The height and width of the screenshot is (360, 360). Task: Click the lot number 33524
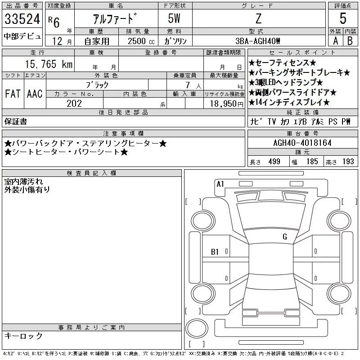click(x=22, y=19)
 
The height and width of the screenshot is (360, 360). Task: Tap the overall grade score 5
click(x=343, y=18)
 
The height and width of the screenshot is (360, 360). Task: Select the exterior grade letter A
click(x=335, y=41)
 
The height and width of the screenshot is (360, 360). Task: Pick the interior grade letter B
click(x=350, y=41)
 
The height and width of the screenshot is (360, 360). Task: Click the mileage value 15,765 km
click(x=49, y=64)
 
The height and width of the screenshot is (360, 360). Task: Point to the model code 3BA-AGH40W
click(x=258, y=41)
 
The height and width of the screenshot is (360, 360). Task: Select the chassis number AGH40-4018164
click(x=302, y=143)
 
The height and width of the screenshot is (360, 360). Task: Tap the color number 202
click(x=74, y=103)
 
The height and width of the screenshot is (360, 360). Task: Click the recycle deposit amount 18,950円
click(x=227, y=104)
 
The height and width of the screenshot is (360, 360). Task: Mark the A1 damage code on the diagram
click(x=220, y=184)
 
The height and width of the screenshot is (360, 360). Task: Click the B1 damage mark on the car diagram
click(x=215, y=252)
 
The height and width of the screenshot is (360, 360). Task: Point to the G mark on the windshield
click(x=285, y=237)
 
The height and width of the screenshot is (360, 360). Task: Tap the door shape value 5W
click(x=174, y=18)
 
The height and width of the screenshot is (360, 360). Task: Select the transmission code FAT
click(x=13, y=94)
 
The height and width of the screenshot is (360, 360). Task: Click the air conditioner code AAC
click(x=35, y=94)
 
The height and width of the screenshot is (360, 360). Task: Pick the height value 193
click(x=348, y=162)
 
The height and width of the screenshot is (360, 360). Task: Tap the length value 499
click(x=274, y=162)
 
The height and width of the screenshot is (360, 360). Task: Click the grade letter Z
click(x=258, y=18)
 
